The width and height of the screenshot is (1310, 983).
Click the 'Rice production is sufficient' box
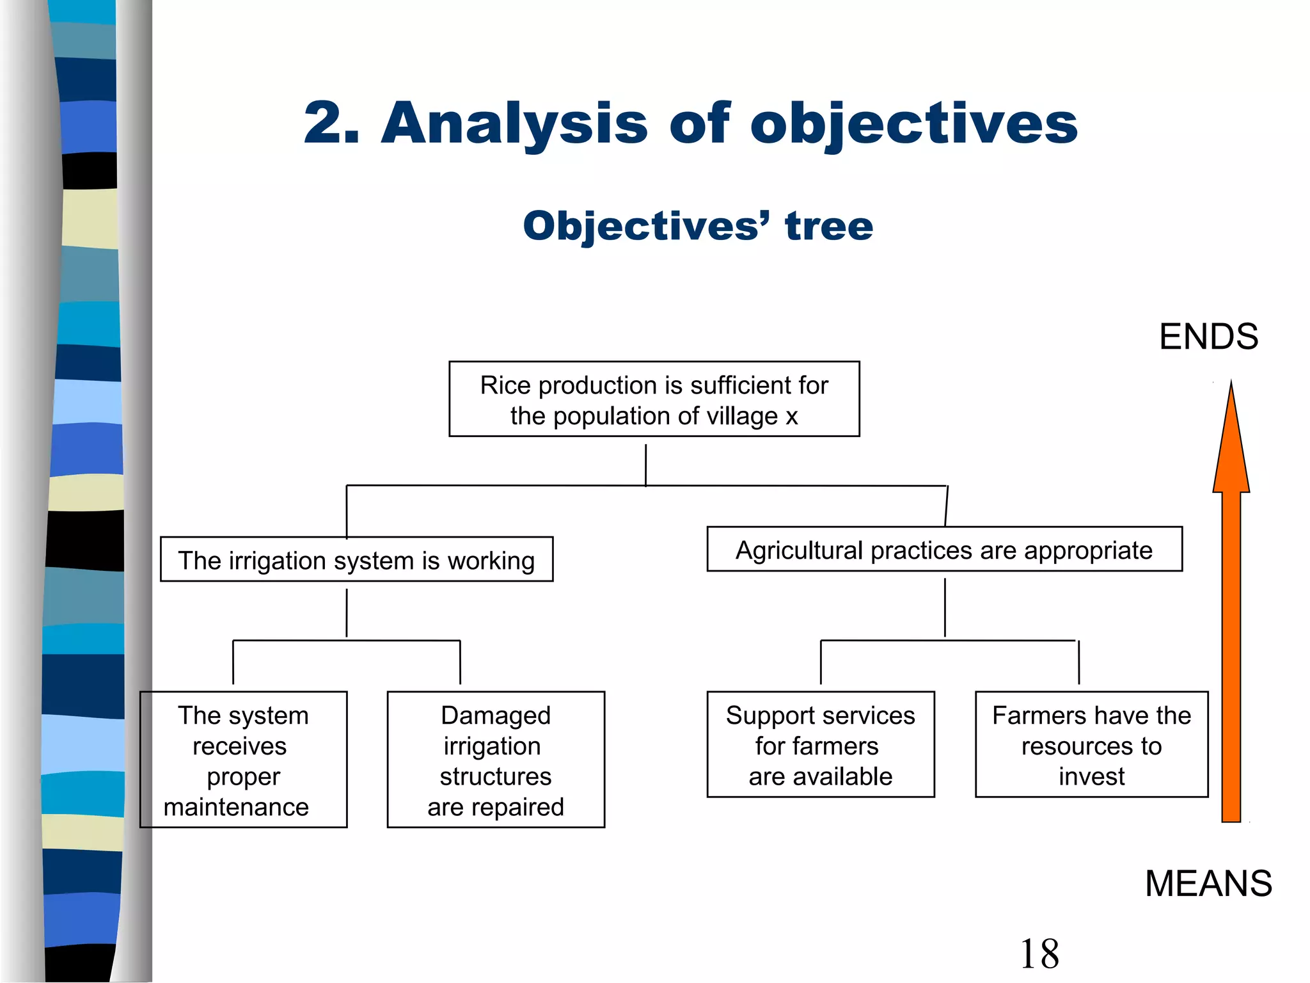tap(654, 399)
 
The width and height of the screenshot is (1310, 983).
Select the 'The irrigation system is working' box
tap(356, 559)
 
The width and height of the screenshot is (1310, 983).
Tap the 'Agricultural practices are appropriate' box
tap(944, 549)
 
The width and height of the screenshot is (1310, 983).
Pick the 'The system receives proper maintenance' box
tap(244, 760)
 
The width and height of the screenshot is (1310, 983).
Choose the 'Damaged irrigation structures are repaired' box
tap(496, 760)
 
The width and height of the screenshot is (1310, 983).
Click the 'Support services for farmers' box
tap(820, 744)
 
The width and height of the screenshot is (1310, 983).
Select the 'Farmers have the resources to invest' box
tap(1091, 744)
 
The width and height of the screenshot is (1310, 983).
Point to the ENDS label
tap(1208, 337)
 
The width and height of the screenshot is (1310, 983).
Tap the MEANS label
tap(1208, 883)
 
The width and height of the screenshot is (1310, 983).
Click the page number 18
tap(1039, 954)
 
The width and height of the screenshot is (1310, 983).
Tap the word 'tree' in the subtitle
tap(828, 226)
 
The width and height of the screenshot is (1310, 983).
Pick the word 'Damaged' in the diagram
tap(496, 715)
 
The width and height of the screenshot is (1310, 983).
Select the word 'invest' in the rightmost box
tap(1091, 776)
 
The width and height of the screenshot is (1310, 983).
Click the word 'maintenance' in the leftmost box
tap(236, 806)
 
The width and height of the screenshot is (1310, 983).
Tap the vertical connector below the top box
tap(645, 465)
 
